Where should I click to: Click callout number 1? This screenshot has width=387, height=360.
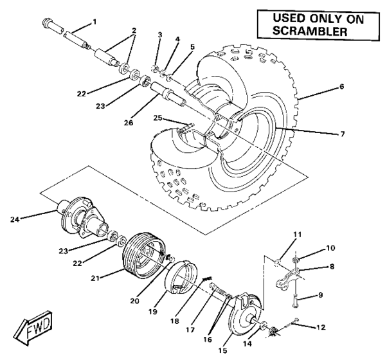[x=94, y=22]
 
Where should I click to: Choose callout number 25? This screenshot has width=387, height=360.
[x=157, y=118]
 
